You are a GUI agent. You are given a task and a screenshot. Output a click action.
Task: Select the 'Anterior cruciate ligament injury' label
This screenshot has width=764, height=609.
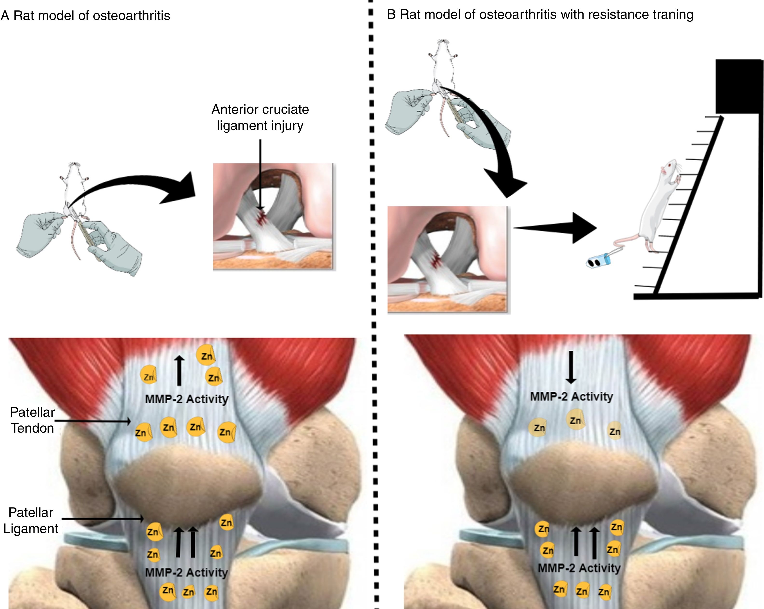[x=260, y=117]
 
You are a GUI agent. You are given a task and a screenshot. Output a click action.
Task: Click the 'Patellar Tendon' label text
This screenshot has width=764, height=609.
[x=32, y=420]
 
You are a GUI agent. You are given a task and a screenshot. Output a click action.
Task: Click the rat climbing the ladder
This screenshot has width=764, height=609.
[x=656, y=209]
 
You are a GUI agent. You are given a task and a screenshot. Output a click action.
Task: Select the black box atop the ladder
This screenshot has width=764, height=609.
[x=738, y=87]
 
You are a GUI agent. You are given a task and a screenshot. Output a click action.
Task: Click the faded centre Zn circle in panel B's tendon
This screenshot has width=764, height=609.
[x=575, y=420]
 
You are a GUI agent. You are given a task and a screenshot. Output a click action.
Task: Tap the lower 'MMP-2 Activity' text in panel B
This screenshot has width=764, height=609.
[x=579, y=568]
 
